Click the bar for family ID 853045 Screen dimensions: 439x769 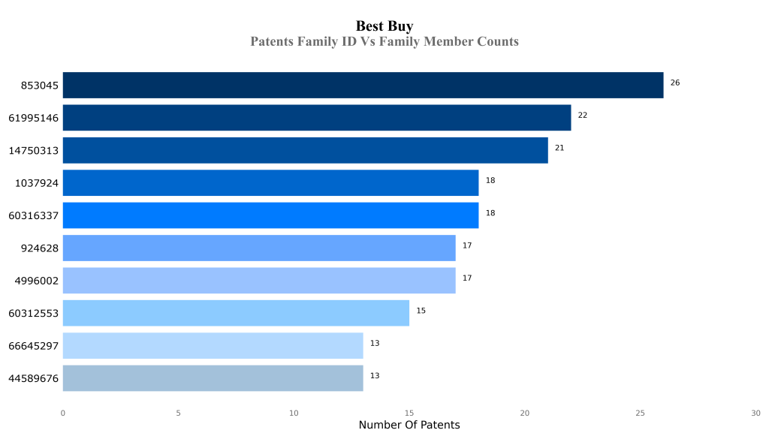(x=363, y=86)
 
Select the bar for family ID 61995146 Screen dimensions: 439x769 (x=316, y=118)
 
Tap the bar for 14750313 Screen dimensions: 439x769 (x=305, y=150)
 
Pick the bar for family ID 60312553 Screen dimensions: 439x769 (x=236, y=313)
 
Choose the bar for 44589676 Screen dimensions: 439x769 (x=213, y=378)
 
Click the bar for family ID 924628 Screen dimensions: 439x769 (x=259, y=248)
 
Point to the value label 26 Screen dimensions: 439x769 (x=674, y=83)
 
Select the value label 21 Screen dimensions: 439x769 (x=559, y=148)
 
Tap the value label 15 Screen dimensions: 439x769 (x=421, y=311)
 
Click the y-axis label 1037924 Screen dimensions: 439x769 (x=37, y=183)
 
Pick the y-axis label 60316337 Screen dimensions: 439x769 (x=34, y=216)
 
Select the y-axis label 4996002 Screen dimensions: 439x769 (x=37, y=281)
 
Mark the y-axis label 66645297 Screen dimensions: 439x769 (x=34, y=346)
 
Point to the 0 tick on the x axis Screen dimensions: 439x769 (x=63, y=413)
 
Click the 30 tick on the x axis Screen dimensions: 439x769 (x=755, y=413)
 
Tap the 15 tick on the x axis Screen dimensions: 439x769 (x=409, y=413)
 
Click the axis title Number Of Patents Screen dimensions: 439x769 (x=409, y=425)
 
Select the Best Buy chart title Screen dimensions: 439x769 (x=384, y=26)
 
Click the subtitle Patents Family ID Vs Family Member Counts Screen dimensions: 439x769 (x=384, y=42)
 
